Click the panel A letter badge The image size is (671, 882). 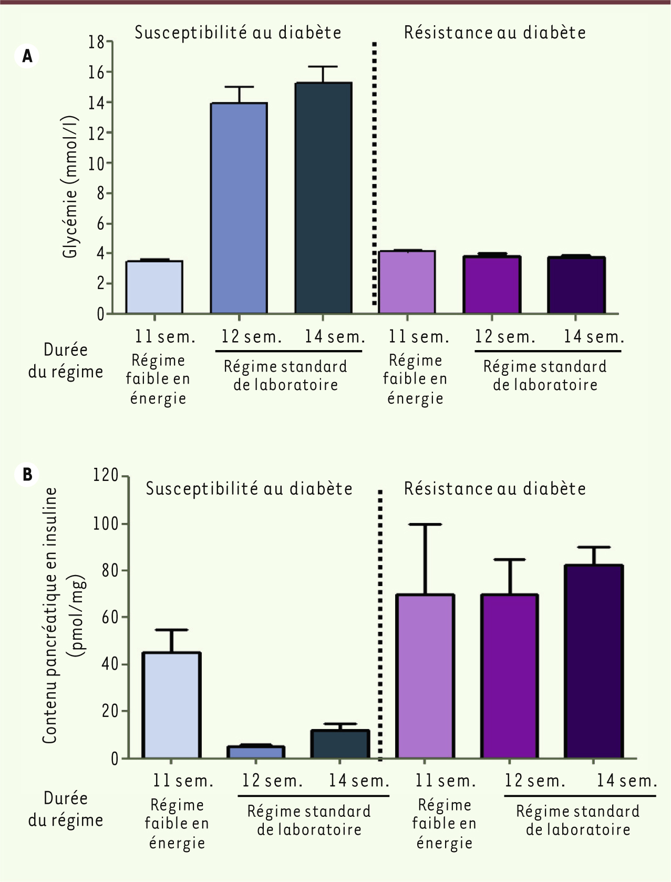(27, 56)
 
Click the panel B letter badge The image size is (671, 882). (27, 474)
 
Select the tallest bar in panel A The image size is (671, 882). (323, 198)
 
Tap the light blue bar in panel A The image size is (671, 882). (154, 287)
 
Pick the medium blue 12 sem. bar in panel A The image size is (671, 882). (239, 208)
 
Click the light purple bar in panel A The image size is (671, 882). (407, 282)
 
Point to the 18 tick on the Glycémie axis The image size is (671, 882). (97, 42)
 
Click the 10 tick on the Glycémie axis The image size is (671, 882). (97, 163)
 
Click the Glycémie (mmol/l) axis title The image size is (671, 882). (70, 187)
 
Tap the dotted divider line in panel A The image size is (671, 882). (375, 173)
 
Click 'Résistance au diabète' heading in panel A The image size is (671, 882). (494, 33)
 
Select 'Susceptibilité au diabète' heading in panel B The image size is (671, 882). (249, 489)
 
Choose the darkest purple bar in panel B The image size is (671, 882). (594, 661)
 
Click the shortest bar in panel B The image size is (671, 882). (256, 752)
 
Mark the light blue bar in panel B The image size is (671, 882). (171, 705)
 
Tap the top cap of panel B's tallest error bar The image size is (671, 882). (425, 525)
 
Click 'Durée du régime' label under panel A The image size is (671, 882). (66, 361)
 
